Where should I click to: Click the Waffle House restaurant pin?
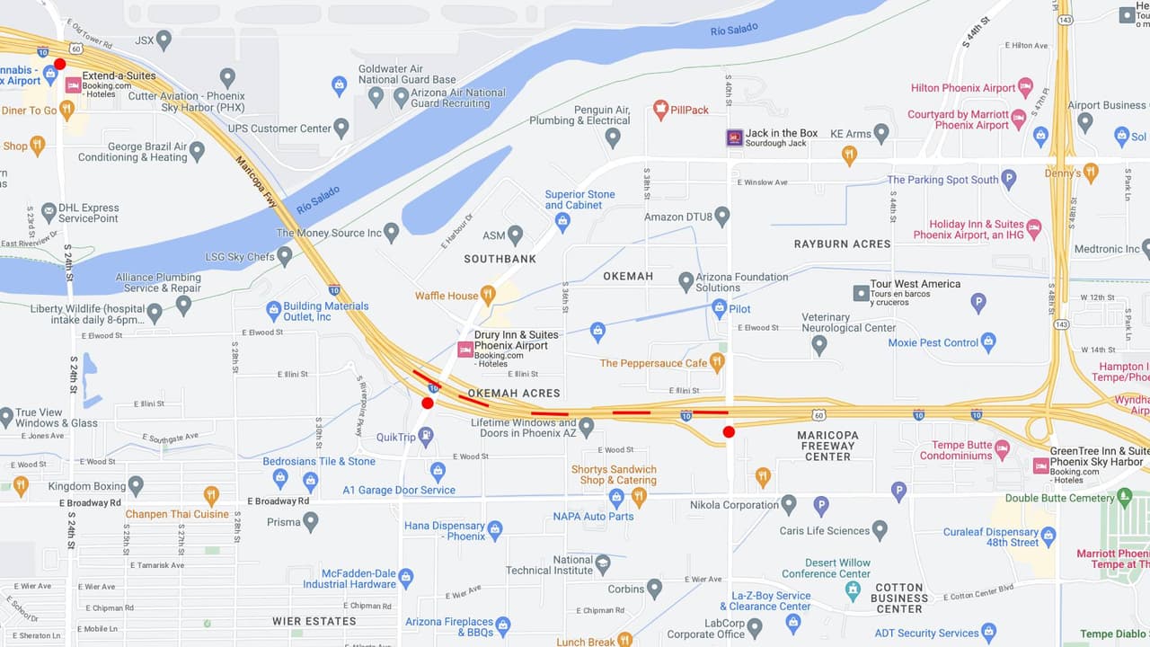click(488, 294)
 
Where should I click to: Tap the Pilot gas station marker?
click(719, 308)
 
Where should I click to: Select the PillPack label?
click(689, 110)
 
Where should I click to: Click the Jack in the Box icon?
click(734, 137)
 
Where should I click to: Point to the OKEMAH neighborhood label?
click(628, 276)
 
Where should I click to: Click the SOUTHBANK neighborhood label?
click(500, 259)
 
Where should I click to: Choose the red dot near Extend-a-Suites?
click(60, 64)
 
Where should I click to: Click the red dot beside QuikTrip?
click(428, 403)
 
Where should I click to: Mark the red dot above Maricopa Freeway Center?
click(729, 432)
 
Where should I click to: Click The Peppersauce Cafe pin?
click(716, 362)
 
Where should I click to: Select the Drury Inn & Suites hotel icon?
click(465, 349)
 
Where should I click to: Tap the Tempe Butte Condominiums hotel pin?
click(1002, 449)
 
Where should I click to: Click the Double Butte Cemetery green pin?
click(1124, 497)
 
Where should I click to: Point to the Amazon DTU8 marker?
click(721, 217)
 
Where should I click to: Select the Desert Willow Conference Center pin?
click(853, 589)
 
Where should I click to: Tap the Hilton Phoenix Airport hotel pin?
click(1025, 88)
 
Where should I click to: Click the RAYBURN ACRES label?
click(842, 244)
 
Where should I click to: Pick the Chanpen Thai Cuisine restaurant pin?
click(211, 495)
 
